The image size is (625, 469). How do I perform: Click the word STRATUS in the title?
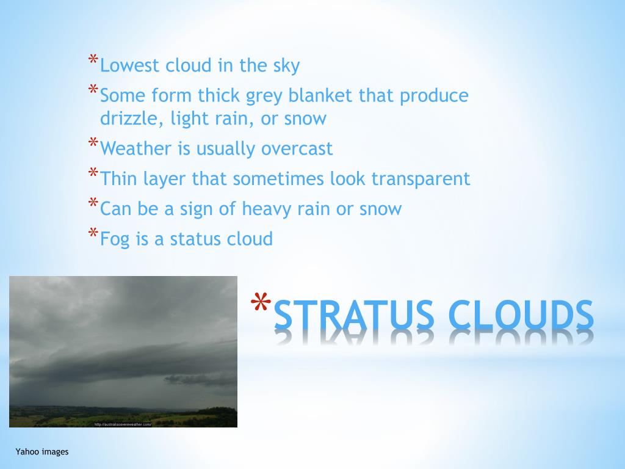[355, 314]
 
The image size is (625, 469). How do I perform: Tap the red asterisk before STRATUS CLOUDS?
[261, 304]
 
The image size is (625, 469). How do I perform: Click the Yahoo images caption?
[42, 452]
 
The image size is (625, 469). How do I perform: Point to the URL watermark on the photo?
[122, 424]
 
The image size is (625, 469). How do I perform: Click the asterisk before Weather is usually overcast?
[93, 145]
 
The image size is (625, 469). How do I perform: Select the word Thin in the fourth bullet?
[116, 178]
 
